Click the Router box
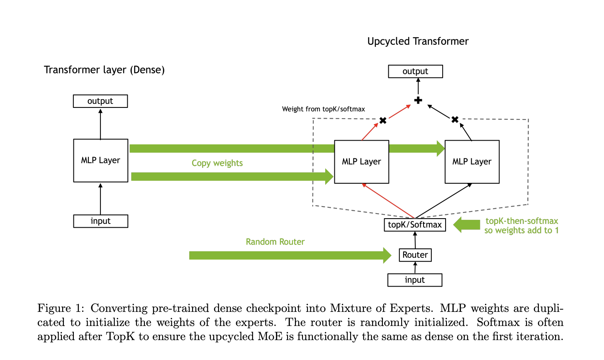click(x=415, y=255)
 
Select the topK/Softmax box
click(x=414, y=225)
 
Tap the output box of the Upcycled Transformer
click(x=415, y=71)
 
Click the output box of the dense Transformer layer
click(x=100, y=101)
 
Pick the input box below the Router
click(x=414, y=280)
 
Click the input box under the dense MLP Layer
click(x=100, y=221)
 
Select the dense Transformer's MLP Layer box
click(x=100, y=161)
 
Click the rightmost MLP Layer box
click(x=472, y=162)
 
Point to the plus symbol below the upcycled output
click(x=418, y=100)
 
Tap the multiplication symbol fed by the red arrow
click(x=383, y=121)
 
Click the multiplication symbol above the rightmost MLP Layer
click(x=455, y=120)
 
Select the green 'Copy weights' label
click(x=217, y=163)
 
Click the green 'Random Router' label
click(x=275, y=242)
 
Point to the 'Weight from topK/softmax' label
click(x=323, y=109)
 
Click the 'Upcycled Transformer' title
click(x=418, y=41)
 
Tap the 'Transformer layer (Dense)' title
click(x=104, y=70)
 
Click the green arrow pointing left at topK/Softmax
click(x=466, y=225)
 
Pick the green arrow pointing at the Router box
click(x=290, y=255)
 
